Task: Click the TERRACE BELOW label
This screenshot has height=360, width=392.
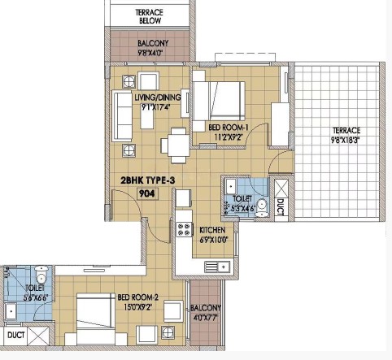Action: click(149, 16)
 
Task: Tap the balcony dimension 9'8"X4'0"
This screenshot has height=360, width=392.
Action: click(150, 52)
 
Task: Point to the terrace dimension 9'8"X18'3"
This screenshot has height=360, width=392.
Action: click(346, 141)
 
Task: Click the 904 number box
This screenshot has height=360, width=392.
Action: click(147, 193)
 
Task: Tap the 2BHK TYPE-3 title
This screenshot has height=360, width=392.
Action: click(148, 180)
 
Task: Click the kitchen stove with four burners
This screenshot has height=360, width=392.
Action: click(184, 229)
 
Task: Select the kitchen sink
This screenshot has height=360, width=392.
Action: click(217, 267)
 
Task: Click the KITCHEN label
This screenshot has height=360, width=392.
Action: click(212, 230)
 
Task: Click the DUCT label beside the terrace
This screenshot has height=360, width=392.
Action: click(281, 207)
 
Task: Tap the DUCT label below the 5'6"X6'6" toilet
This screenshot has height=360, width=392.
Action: click(16, 336)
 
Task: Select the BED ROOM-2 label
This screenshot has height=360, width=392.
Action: click(137, 297)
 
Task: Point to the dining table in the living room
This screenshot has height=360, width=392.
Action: click(175, 145)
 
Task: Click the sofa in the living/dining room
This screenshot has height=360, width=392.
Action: click(122, 116)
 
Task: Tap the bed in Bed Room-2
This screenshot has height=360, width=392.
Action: click(95, 319)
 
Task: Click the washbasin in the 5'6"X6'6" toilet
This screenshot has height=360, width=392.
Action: click(11, 310)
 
